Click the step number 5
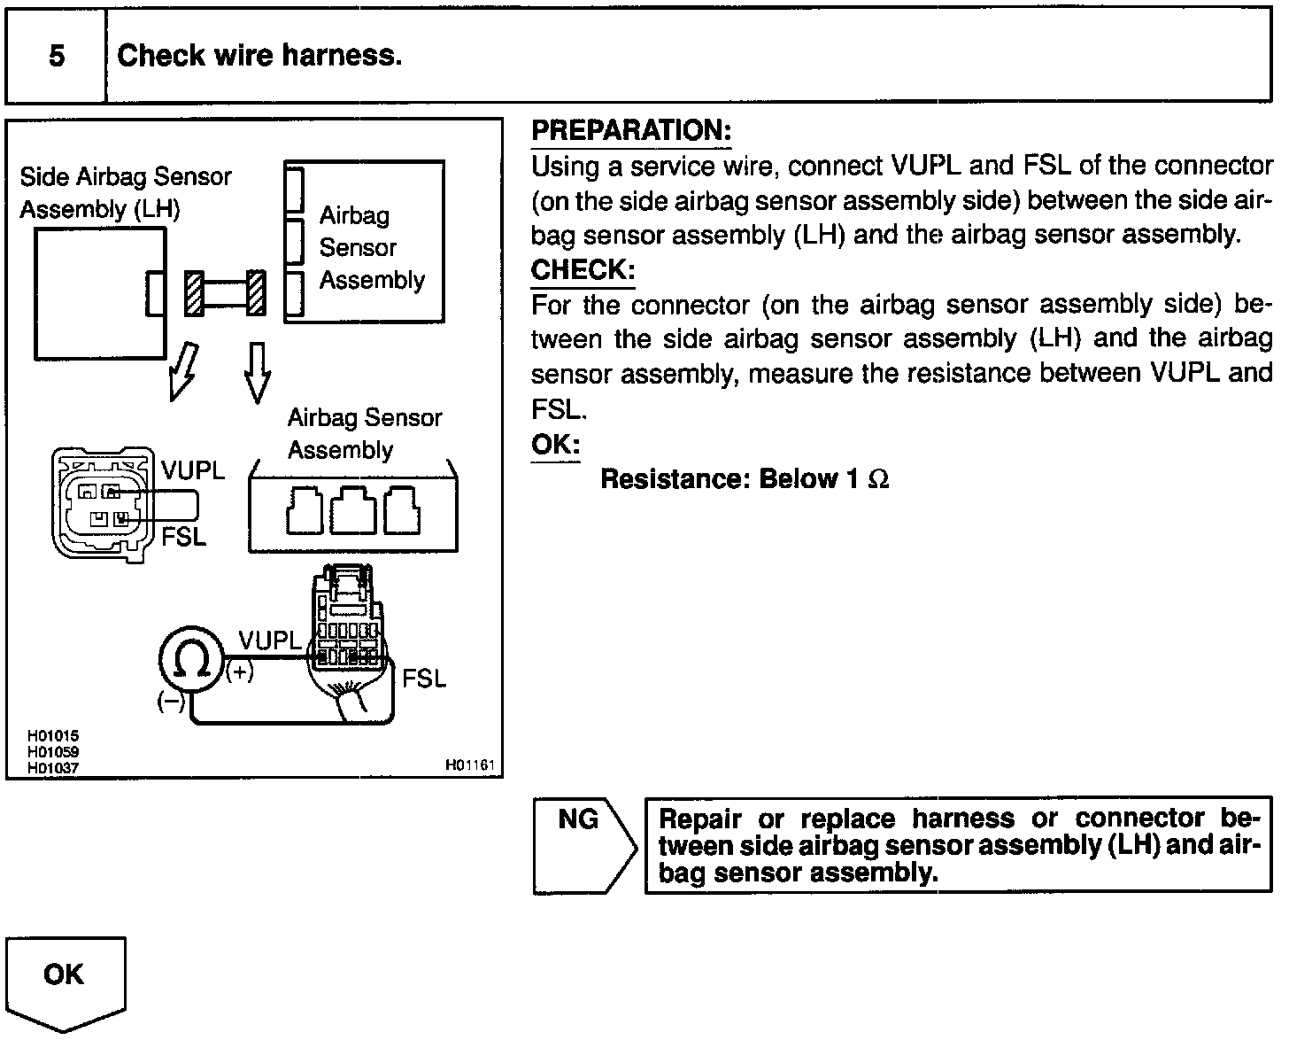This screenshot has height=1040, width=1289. [57, 57]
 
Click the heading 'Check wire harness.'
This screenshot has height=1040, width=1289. [259, 56]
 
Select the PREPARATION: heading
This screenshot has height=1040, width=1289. [631, 130]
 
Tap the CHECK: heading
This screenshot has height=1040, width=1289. [583, 269]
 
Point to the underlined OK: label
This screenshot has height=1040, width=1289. [555, 444]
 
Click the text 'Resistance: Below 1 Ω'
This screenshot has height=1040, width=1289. [745, 479]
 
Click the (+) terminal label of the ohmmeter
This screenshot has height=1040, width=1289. [240, 673]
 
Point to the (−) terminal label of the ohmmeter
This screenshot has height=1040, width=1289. [170, 702]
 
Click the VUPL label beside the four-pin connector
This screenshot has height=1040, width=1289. [193, 470]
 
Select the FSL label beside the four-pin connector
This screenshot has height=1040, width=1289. [183, 536]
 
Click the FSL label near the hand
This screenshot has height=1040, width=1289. [423, 679]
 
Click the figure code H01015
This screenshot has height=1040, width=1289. [54, 735]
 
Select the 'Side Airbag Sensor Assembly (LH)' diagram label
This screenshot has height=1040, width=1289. [125, 192]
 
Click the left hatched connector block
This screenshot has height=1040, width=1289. [194, 292]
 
